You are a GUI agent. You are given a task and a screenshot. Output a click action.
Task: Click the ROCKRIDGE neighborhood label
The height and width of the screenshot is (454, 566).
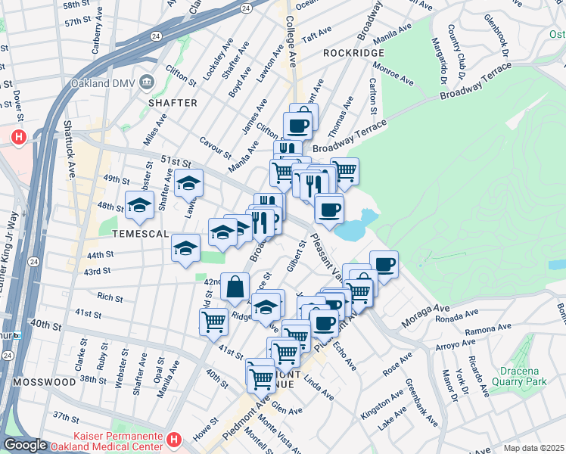[353, 53]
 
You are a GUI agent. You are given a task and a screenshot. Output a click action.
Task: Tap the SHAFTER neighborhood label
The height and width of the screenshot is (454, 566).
[173, 102]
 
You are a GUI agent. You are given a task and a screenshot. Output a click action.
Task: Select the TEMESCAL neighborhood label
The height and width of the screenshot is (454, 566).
[140, 234]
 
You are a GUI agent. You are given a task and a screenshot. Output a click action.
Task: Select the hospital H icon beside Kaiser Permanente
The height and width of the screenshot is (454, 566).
[174, 439]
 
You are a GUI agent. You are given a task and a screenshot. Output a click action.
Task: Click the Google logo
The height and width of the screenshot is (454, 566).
[25, 445]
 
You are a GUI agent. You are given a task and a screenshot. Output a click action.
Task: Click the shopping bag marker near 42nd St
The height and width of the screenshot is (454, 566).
[235, 286]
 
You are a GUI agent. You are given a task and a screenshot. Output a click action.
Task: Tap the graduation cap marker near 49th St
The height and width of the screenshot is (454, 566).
[189, 182]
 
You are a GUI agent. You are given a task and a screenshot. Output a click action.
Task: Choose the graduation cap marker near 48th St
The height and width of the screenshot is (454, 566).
[140, 204]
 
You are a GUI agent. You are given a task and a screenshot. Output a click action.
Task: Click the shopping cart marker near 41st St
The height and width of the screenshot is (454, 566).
[214, 321]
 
